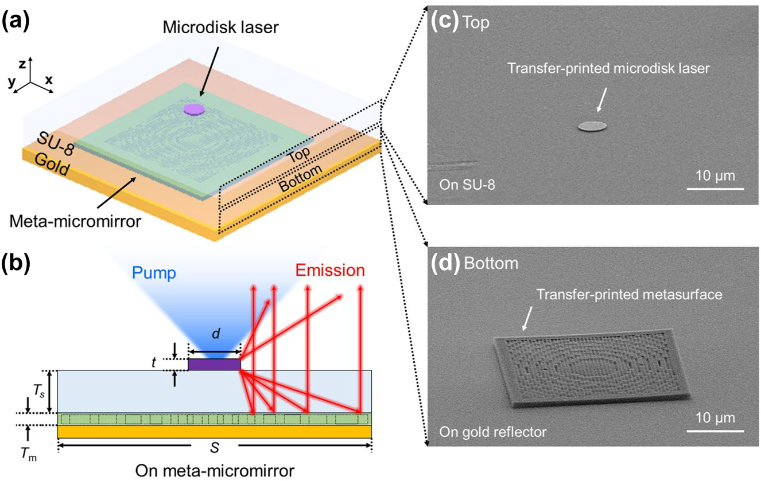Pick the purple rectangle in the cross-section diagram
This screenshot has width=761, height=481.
click(x=214, y=364)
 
